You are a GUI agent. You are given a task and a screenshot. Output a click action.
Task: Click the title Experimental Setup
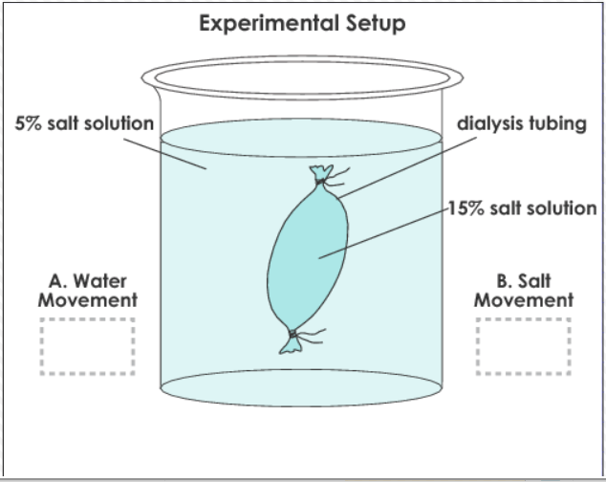click(302, 24)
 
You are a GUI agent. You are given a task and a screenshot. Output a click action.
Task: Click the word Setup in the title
click(376, 24)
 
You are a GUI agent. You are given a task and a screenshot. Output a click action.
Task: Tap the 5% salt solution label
click(84, 123)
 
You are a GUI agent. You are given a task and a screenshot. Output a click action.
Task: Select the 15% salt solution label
click(523, 208)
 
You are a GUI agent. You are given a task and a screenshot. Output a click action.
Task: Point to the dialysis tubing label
click(522, 123)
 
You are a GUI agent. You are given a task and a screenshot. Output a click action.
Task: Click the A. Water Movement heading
click(88, 291)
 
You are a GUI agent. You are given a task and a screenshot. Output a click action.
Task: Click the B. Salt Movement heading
click(524, 291)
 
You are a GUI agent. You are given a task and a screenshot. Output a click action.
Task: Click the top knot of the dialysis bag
click(320, 181)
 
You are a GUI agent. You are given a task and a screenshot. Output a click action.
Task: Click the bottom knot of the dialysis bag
click(292, 334)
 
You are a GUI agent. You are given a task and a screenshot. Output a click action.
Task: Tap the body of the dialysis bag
click(307, 257)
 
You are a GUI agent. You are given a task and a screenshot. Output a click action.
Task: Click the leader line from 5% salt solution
click(165, 154)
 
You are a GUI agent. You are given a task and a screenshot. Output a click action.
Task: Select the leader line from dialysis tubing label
click(407, 167)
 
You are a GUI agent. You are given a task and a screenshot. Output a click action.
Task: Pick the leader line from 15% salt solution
click(383, 233)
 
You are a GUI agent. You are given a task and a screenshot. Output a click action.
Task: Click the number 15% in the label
click(466, 208)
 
